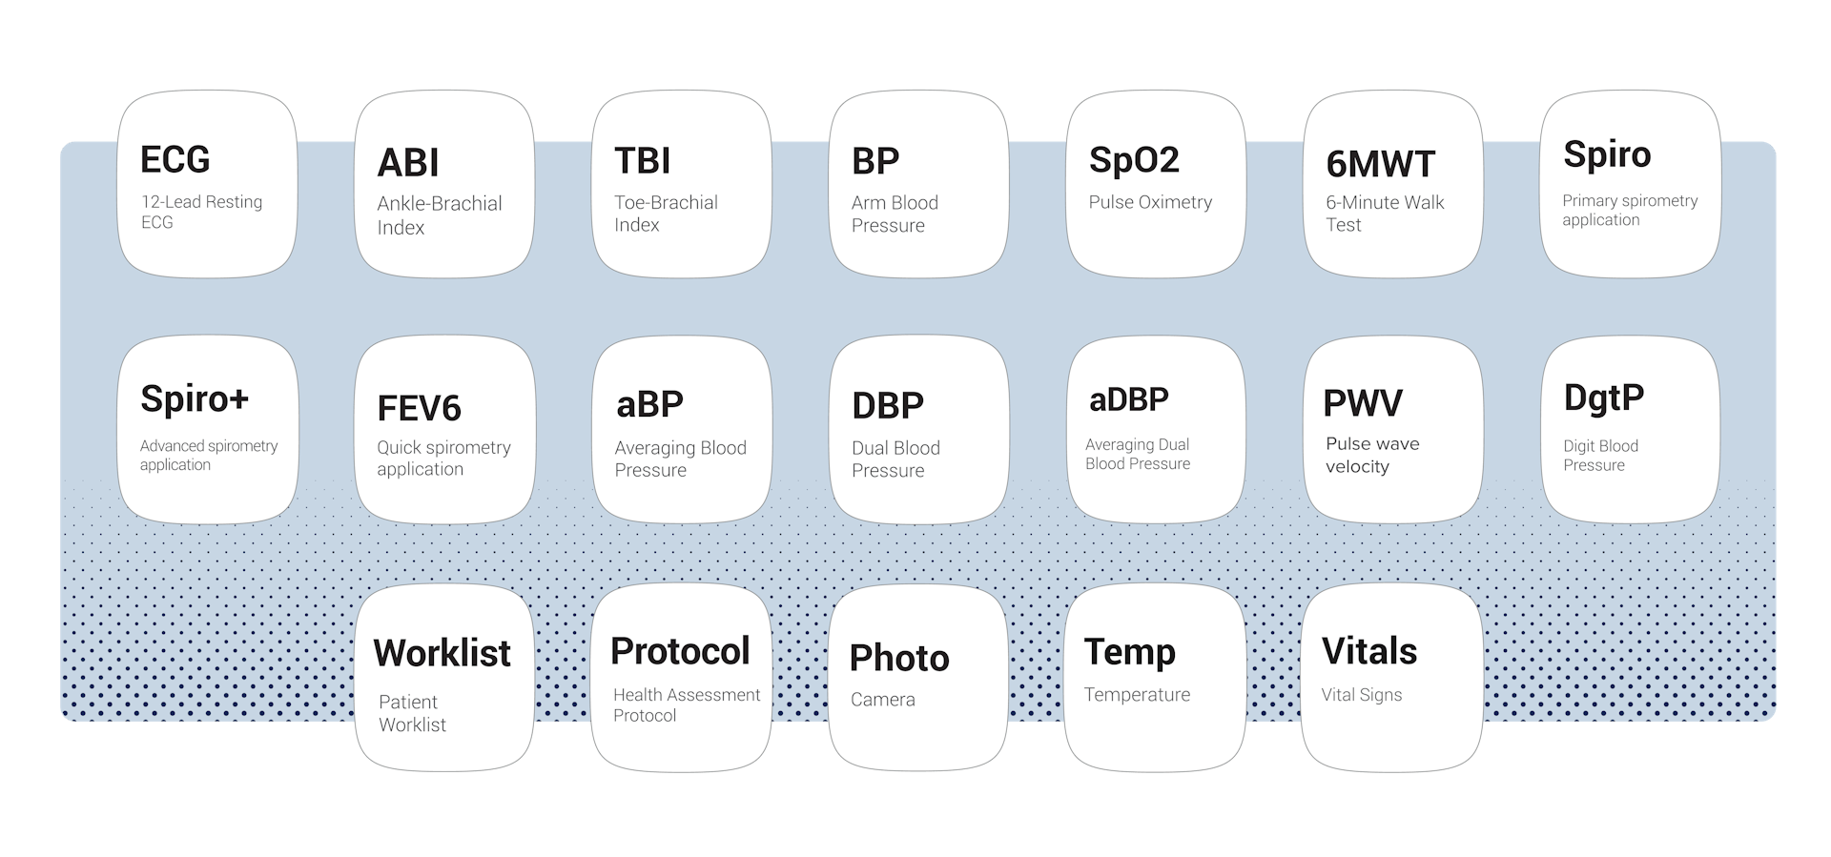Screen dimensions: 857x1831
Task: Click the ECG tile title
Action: click(175, 159)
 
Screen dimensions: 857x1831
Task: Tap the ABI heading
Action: click(408, 163)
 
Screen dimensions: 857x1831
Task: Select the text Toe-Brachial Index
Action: click(666, 214)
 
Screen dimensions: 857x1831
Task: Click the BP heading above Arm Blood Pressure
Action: click(874, 161)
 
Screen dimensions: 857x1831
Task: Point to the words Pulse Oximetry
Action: click(1150, 202)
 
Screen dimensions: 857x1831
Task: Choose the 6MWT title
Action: click(1380, 164)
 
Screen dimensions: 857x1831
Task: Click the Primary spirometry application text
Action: click(1629, 210)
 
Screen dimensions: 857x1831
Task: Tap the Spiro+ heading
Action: click(195, 398)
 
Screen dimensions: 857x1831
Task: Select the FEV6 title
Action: click(419, 408)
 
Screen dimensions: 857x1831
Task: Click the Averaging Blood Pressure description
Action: click(680, 459)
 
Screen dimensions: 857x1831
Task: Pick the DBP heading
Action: click(887, 405)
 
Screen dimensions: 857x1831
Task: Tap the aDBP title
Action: click(1128, 399)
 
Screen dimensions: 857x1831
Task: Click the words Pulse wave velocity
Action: click(1371, 455)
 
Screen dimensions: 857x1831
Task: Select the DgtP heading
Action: click(1603, 398)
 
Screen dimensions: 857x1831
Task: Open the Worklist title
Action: click(442, 653)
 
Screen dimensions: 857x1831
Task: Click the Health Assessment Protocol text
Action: click(686, 704)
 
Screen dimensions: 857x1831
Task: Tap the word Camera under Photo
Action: click(882, 700)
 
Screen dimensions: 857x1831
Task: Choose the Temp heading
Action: click(1129, 652)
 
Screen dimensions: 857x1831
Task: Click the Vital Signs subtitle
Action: click(1361, 695)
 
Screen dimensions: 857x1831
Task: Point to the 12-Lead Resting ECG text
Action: click(201, 212)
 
